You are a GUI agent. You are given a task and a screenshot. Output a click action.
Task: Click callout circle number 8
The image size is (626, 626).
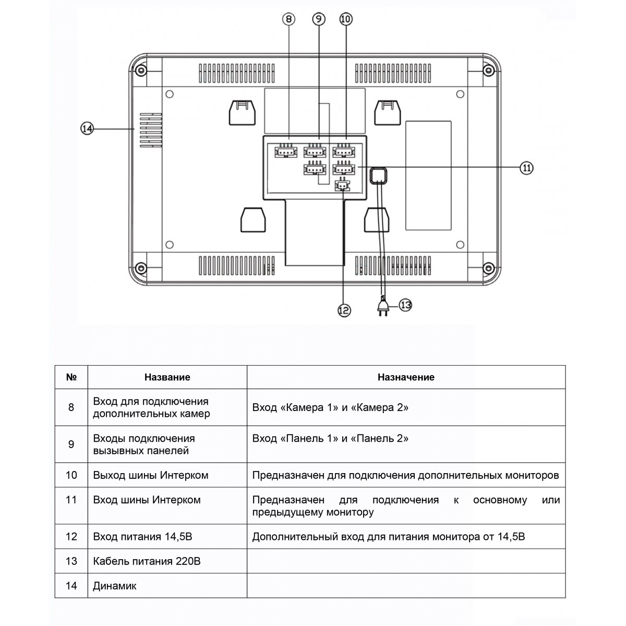point(288,19)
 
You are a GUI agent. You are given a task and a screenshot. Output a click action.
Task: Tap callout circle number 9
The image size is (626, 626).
point(319,19)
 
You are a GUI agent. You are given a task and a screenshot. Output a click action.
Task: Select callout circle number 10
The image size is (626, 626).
point(346,19)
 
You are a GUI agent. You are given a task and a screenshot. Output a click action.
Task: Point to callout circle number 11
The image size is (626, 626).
point(526,168)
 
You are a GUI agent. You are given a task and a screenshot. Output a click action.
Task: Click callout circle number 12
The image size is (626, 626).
point(344,310)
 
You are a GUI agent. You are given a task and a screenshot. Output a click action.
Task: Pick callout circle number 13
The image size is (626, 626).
point(405,305)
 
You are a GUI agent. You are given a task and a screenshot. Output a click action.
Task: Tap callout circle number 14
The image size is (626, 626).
point(87,129)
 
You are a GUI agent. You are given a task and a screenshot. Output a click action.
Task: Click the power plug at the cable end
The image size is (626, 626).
point(383,306)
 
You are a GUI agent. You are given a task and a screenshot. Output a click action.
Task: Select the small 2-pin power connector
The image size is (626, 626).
point(342,186)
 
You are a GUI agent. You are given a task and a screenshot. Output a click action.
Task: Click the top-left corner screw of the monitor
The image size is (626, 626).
point(141,70)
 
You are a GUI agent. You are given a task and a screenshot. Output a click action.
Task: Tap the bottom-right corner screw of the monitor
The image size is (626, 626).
point(489,268)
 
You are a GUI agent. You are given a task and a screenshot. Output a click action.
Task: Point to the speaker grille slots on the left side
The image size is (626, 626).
point(151,130)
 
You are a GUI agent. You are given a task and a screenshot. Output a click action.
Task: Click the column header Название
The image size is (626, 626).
point(167,377)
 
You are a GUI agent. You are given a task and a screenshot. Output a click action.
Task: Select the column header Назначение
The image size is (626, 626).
point(406,377)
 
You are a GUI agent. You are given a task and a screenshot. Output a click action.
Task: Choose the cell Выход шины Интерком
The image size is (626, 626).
point(151,475)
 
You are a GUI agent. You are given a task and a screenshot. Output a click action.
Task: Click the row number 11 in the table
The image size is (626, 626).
point(71,500)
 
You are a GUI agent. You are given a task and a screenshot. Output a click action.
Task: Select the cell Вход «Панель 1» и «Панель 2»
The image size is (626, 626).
point(330,438)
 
